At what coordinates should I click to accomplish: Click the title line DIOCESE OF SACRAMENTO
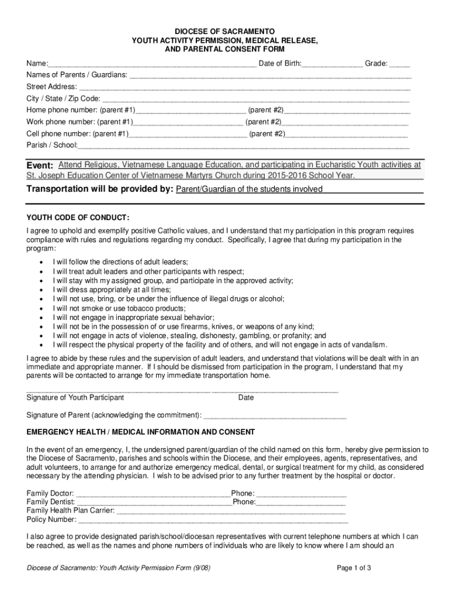click(225, 30)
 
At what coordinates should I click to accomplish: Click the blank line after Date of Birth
click(332, 64)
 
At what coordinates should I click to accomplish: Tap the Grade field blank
click(399, 64)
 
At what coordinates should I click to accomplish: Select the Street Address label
click(51, 87)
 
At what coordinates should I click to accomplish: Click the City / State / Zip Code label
click(63, 98)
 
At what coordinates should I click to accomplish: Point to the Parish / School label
click(51, 144)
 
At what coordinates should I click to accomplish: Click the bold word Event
click(40, 166)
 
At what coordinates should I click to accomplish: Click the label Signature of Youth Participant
click(75, 398)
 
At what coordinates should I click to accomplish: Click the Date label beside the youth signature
click(246, 398)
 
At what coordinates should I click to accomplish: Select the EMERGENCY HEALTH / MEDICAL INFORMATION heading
click(140, 432)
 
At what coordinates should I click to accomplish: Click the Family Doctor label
click(50, 493)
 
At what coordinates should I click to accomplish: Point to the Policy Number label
click(51, 519)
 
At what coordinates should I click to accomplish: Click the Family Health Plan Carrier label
click(71, 510)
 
